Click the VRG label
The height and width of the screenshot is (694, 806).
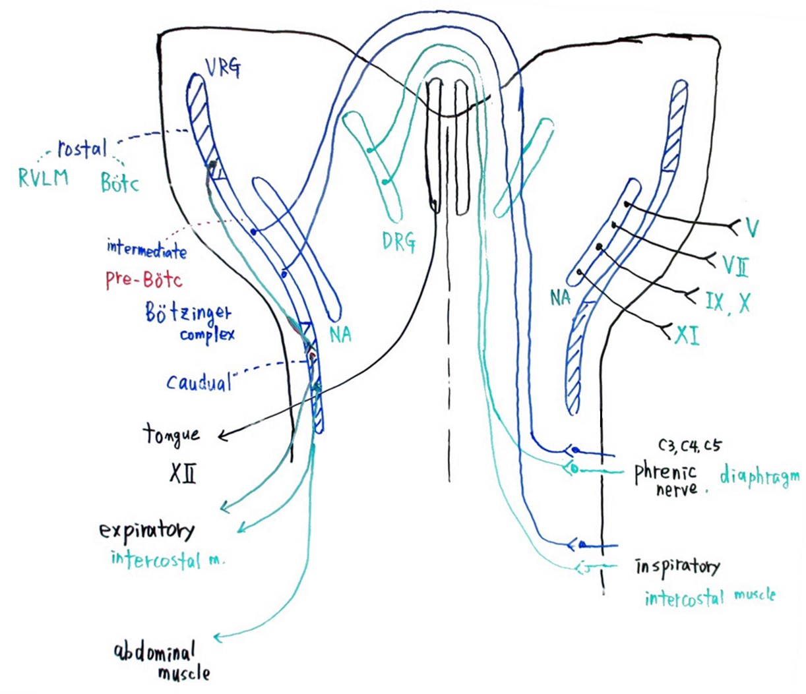221,68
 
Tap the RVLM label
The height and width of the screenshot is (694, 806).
43,178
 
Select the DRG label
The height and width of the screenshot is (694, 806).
398,242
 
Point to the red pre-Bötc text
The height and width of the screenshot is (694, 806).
143,279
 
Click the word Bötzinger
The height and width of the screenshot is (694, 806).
189,312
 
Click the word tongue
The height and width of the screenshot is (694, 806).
171,435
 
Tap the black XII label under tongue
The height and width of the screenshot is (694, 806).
181,473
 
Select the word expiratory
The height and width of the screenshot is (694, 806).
147,531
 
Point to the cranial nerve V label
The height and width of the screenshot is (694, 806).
751,228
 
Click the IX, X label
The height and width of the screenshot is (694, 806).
728,303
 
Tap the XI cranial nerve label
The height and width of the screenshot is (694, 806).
687,336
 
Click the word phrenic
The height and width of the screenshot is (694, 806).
665,473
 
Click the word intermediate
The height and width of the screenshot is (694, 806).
146,249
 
